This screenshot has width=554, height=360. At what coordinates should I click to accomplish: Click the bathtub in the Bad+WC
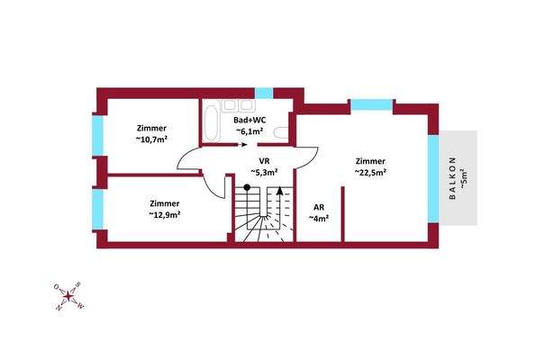coord(212,121)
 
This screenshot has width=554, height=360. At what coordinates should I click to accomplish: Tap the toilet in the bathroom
coord(281,133)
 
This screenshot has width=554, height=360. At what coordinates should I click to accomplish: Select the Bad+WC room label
coord(250,120)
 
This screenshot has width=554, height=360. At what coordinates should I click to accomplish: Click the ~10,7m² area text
coord(151,139)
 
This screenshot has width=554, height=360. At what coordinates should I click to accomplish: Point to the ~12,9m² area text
coord(165,214)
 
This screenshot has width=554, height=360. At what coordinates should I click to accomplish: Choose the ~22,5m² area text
coord(370,173)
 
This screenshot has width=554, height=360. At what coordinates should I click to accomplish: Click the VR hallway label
coord(264,161)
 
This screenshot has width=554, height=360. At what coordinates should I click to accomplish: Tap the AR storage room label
coord(319,207)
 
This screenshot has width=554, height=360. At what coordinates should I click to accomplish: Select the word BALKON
coord(452,178)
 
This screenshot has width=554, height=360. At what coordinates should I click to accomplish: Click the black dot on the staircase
coord(247,187)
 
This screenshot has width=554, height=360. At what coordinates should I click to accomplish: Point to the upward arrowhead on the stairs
coord(279,191)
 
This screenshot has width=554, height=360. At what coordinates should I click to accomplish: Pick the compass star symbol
coord(68,296)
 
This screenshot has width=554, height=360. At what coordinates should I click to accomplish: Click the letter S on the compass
coord(78,284)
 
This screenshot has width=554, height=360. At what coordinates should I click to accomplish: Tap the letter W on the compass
coord(80,306)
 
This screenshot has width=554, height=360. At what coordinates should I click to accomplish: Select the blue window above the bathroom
coord(264,94)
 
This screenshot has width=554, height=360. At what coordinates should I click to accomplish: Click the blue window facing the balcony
coord(433,178)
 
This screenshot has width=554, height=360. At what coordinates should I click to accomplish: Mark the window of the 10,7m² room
coord(98,136)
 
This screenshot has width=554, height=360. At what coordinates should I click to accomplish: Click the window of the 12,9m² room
coord(98,210)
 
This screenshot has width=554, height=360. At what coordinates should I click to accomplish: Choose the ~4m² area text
coord(319,219)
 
